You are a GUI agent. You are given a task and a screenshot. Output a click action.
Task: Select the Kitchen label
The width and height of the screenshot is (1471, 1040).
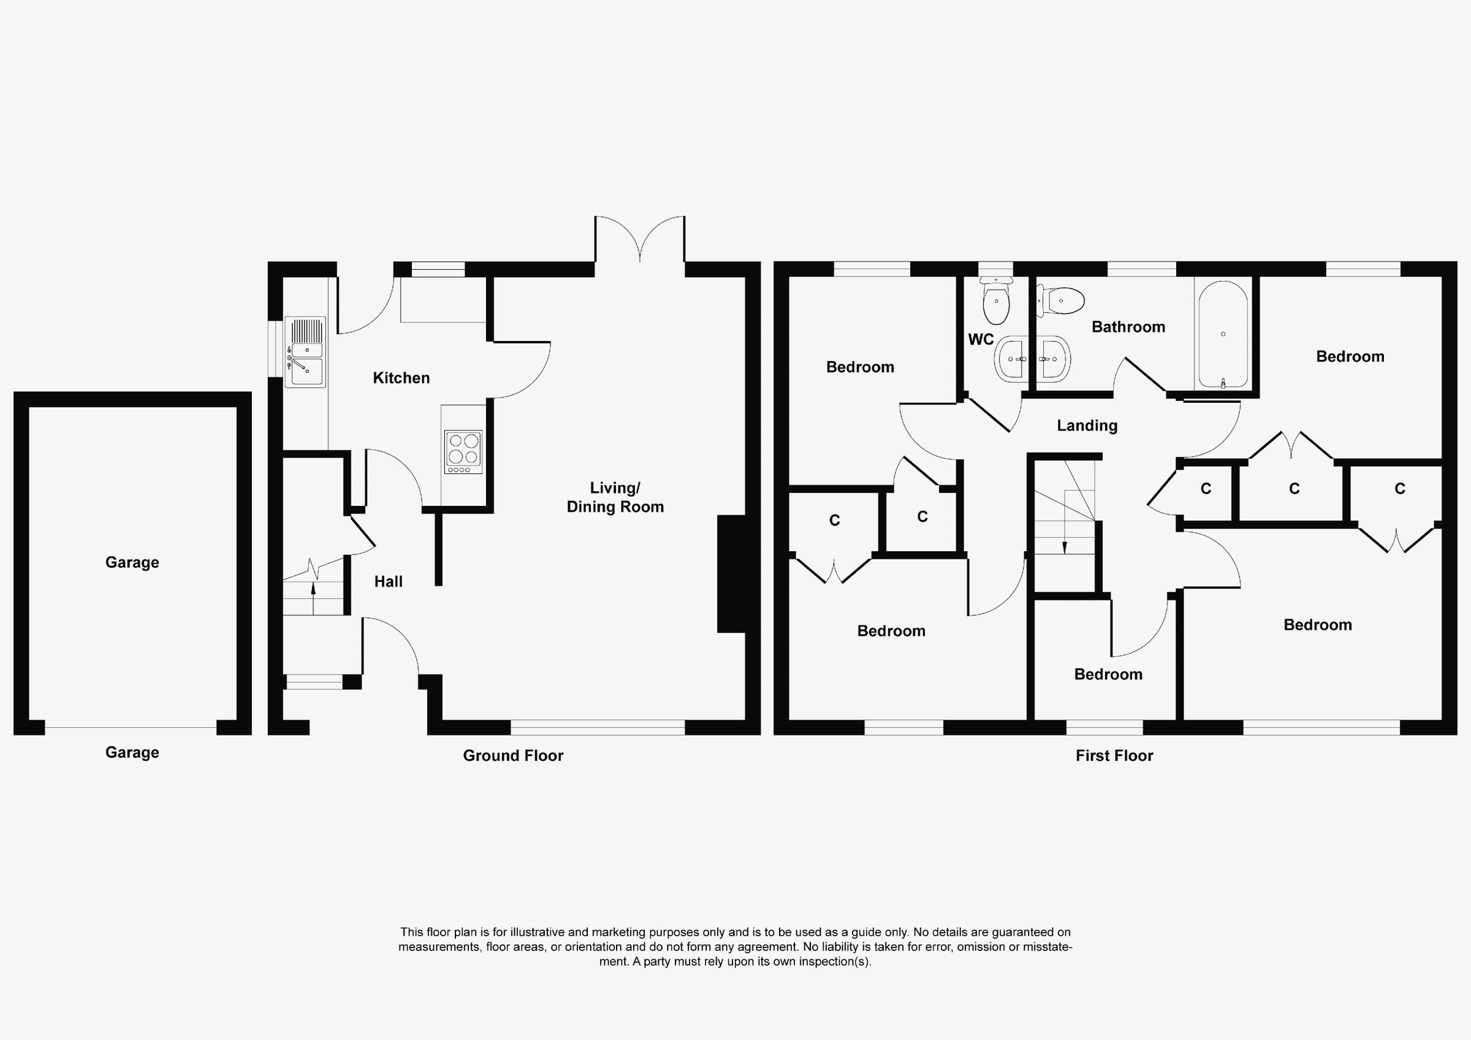click(401, 378)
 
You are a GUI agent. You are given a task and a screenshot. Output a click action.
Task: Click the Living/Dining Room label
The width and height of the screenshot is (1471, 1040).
click(615, 497)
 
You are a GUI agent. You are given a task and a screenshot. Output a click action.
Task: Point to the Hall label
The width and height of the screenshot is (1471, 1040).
click(388, 582)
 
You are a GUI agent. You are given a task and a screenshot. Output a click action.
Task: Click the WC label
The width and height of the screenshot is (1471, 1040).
click(980, 340)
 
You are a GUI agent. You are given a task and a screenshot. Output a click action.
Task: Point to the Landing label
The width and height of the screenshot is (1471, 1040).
click(1087, 426)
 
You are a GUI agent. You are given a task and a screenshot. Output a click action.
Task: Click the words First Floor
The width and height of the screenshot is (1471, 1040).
click(1114, 756)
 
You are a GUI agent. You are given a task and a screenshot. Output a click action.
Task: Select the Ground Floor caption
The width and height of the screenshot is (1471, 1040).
click(513, 756)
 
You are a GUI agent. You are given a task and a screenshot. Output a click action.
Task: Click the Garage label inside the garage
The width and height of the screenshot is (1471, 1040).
click(132, 562)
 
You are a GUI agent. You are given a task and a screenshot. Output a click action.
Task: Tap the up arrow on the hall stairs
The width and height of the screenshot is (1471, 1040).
click(313, 589)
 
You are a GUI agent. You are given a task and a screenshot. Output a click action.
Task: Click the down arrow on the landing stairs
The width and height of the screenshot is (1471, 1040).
click(1065, 546)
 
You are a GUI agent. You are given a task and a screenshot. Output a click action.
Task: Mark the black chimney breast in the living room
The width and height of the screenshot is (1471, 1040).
click(731, 574)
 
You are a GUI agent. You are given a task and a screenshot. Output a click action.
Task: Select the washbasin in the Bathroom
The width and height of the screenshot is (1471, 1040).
click(1052, 359)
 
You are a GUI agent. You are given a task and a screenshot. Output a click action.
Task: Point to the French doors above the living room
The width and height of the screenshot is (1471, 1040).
click(640, 240)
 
